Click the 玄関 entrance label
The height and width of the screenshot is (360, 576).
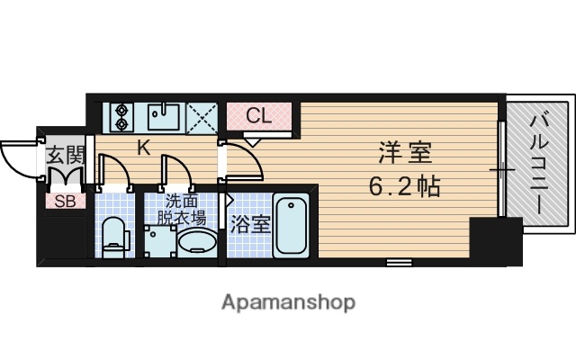point(64,153)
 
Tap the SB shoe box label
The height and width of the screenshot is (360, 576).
point(66,201)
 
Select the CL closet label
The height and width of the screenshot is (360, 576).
point(259,115)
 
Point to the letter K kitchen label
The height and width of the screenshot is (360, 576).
point(143,148)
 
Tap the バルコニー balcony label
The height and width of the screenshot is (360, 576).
point(538,161)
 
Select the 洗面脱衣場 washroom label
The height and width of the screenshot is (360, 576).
point(184,210)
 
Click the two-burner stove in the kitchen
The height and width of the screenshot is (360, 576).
point(121,117)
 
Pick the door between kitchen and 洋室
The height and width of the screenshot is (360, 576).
point(243,162)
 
